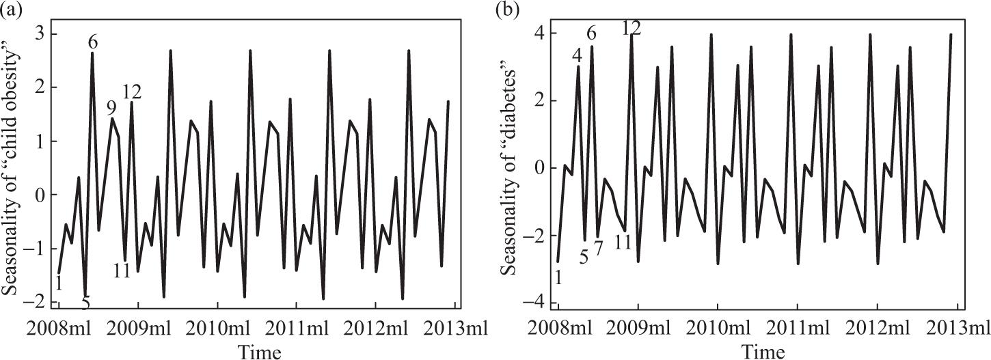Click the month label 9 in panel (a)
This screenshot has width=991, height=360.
tap(111, 108)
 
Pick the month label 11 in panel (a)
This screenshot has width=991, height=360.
tap(122, 271)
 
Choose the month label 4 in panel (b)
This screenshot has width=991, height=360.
tap(578, 55)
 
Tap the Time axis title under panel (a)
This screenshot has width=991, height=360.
tap(259, 350)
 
